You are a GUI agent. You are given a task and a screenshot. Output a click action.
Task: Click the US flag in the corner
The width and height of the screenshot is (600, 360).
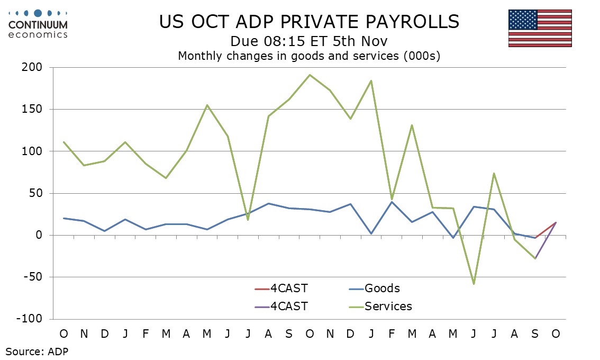[540, 28]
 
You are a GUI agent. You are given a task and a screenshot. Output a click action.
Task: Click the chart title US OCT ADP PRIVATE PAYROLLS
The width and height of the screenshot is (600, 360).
[310, 22]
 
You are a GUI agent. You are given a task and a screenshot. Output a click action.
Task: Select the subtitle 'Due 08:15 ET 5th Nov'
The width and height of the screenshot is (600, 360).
[310, 41]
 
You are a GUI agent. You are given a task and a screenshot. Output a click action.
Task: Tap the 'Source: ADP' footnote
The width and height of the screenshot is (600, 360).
[37, 350]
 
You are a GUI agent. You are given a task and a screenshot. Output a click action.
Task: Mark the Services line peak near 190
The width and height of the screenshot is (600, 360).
[310, 75]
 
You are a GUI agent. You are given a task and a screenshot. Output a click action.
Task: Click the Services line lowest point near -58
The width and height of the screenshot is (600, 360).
[474, 284]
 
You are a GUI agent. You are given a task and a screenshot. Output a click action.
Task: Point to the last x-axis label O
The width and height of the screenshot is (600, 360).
[556, 334]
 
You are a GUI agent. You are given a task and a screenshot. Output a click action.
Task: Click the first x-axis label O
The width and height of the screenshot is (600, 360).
[63, 334]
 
